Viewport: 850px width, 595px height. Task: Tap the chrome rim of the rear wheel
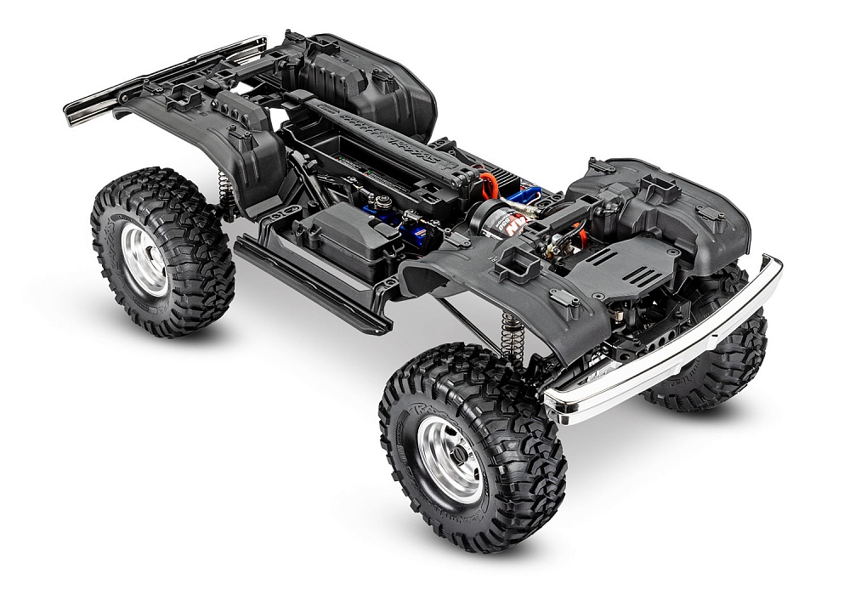[x=144, y=258]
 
